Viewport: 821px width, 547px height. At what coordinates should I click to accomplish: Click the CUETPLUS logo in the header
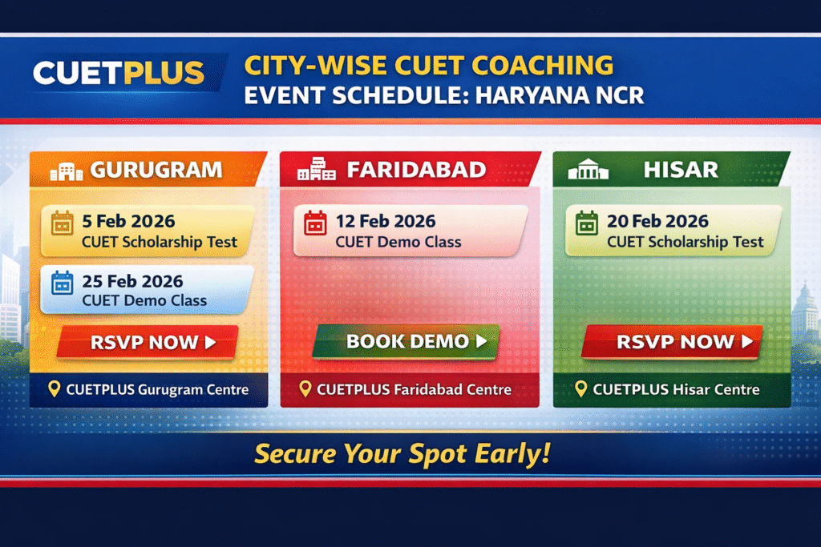pos(119,73)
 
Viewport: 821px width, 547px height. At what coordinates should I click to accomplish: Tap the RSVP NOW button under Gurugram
pos(148,342)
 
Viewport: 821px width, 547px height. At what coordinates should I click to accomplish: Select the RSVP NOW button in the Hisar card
pos(673,341)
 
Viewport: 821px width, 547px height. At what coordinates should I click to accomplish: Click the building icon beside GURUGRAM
pos(67,171)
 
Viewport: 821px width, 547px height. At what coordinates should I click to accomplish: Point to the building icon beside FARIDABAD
pos(316,169)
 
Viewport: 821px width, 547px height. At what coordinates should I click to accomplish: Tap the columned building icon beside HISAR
pos(588,169)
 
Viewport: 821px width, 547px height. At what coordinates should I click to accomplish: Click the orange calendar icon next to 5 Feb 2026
pos(63,223)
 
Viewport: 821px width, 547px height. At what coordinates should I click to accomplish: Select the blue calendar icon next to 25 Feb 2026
pos(63,283)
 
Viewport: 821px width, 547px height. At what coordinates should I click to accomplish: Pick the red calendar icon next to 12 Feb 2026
pos(316,223)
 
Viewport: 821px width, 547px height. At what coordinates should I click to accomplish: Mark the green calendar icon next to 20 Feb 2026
pos(587,223)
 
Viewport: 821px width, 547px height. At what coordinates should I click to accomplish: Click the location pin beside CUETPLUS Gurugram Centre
pos(54,388)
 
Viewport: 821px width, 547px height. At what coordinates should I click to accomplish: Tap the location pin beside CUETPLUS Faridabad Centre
pos(305,388)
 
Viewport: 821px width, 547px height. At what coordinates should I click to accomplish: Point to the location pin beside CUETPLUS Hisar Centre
pos(580,388)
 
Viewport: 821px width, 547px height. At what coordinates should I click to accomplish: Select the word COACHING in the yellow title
pos(543,66)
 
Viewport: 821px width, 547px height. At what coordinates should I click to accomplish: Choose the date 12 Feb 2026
pos(386,221)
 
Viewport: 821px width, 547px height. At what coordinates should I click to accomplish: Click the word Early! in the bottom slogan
pos(512,453)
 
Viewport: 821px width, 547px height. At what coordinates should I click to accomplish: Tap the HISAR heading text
pos(681,170)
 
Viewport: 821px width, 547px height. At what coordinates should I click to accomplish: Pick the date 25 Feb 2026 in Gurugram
pos(132,281)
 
